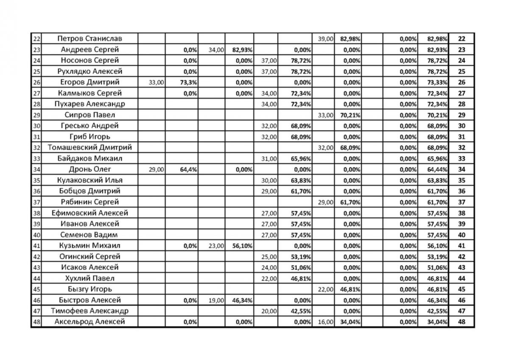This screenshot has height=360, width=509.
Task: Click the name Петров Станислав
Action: tap(89, 39)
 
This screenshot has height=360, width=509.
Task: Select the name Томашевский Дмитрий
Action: tap(89, 148)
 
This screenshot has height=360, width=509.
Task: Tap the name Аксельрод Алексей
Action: tap(89, 322)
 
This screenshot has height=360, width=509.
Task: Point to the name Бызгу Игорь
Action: tap(89, 289)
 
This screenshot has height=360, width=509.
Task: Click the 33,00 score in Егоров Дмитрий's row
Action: tap(156, 82)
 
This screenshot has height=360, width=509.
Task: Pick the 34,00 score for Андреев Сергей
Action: tap(216, 50)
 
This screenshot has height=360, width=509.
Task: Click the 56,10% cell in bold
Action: tap(242, 246)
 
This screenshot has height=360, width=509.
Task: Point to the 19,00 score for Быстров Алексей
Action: tap(216, 300)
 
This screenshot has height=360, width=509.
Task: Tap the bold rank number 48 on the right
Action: tap(461, 322)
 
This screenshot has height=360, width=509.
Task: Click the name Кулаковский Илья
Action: tap(89, 180)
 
